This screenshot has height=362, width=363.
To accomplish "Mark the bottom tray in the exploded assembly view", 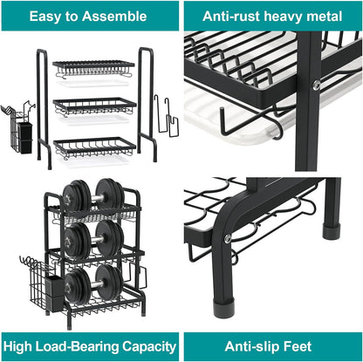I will tap(94, 146).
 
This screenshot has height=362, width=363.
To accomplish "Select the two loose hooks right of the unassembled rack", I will tap(166, 117).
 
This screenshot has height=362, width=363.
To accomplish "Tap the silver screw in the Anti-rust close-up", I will tap(316, 85).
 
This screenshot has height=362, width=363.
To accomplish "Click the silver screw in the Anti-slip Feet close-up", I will tap(227, 238).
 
